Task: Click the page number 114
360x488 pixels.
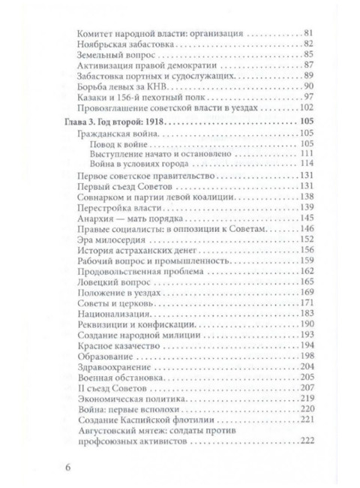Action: [x=304, y=164]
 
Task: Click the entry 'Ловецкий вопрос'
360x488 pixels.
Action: [x=112, y=280]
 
